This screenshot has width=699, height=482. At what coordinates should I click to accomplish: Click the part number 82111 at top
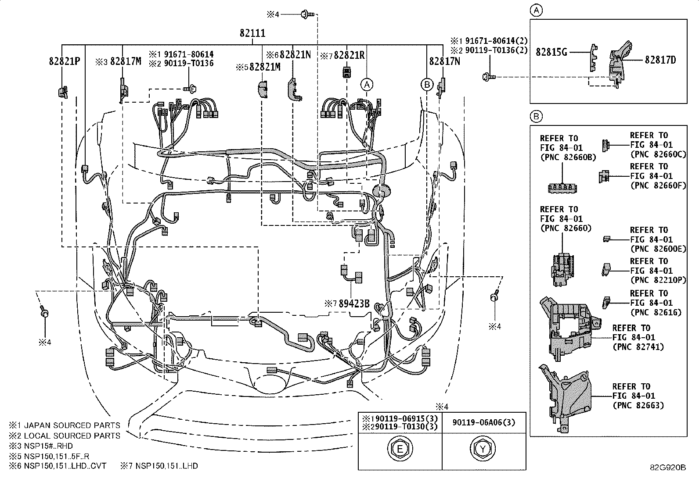[x=252, y=33]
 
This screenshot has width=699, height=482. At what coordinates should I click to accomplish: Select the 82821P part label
[x=64, y=61]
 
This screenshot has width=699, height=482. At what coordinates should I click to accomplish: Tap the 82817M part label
[x=126, y=61]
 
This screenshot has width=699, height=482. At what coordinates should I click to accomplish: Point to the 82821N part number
[x=295, y=55]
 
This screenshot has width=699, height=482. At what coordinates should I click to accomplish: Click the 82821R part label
[x=349, y=55]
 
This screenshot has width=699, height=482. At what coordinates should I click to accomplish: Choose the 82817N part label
[x=444, y=61]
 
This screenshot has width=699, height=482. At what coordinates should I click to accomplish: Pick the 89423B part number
[x=353, y=303]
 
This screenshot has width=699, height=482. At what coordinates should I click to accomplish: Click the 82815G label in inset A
[x=551, y=52]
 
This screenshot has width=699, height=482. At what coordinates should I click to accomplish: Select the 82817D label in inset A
[x=660, y=60]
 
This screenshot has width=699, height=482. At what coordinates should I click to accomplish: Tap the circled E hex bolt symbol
[x=400, y=449]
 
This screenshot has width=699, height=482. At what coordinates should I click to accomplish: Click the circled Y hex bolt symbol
[x=482, y=449]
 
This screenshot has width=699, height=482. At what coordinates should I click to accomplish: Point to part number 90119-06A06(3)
[x=483, y=422]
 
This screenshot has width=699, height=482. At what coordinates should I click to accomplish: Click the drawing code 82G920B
[x=668, y=467]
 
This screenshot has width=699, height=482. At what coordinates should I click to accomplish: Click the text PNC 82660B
[x=568, y=157]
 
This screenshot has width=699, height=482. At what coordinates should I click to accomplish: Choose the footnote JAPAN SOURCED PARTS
[x=72, y=425]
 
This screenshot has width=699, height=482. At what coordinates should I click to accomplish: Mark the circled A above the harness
[x=367, y=84]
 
